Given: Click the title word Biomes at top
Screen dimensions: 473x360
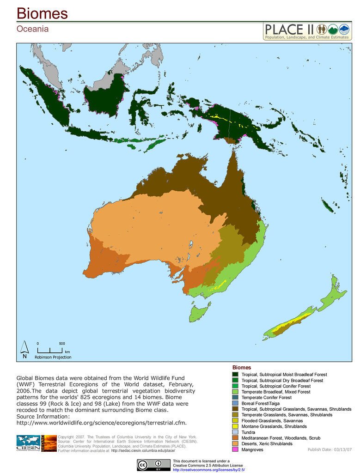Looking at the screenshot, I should click(x=43, y=13).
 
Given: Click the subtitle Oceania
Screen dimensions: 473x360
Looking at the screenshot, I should click(x=32, y=29).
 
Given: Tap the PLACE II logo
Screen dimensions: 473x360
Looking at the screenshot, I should click(x=307, y=31).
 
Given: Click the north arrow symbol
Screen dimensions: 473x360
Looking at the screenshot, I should click(x=24, y=349).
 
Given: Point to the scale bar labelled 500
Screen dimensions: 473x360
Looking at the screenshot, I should click(x=49, y=350).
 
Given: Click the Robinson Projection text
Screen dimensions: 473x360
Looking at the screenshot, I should click(x=53, y=357).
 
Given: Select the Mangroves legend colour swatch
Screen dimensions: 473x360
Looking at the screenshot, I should click(x=235, y=449).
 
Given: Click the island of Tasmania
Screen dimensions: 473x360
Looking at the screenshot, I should click(x=199, y=313).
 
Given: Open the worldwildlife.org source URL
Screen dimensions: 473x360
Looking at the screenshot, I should click(x=101, y=423).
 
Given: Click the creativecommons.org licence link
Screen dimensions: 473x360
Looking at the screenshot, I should click(x=208, y=470).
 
